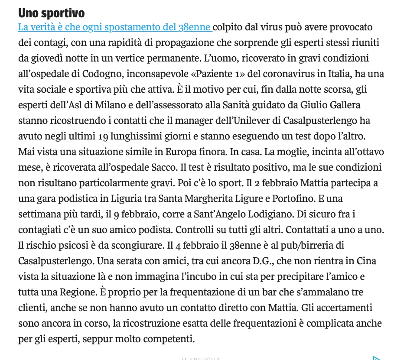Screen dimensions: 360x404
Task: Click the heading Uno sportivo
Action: click(x=51, y=13)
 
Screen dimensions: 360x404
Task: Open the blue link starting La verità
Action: click(x=115, y=27)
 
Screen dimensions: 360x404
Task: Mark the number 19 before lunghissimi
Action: click(x=103, y=136)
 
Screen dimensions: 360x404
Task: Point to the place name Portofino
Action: click(x=290, y=198)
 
